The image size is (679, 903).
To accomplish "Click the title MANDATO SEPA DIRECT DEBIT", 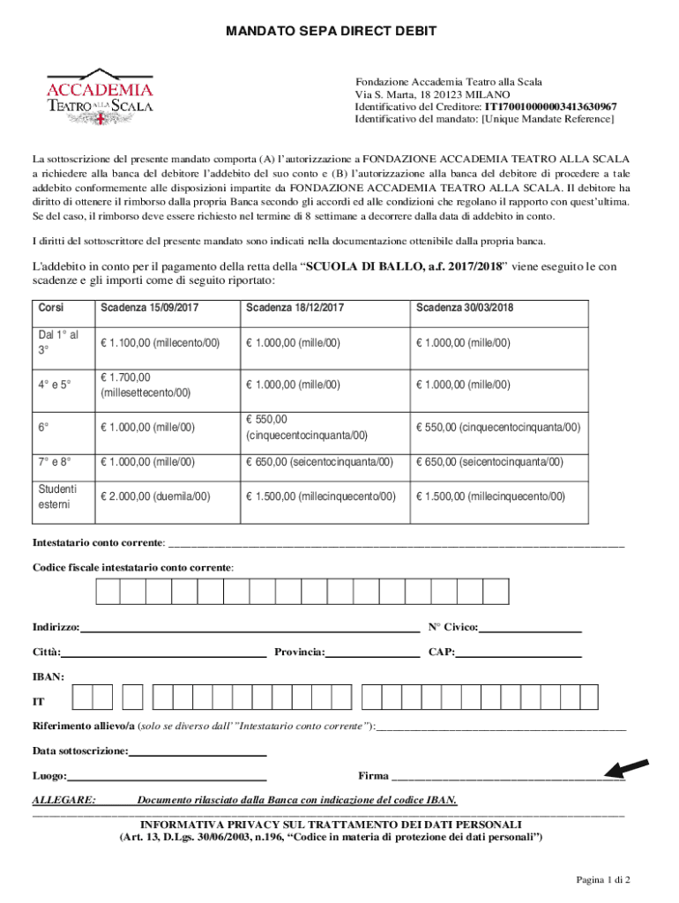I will pyautogui.click(x=331, y=33).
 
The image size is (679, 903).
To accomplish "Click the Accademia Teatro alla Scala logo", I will pyautogui.click(x=100, y=91).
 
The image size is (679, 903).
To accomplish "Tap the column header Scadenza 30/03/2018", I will pyautogui.click(x=465, y=308).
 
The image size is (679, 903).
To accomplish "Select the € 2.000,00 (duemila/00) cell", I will pyautogui.click(x=155, y=496).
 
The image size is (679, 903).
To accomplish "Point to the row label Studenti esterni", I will pyautogui.click(x=57, y=496).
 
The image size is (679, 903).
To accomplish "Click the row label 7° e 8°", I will pyautogui.click(x=54, y=461).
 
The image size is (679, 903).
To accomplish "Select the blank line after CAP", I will pyautogui.click(x=519, y=653).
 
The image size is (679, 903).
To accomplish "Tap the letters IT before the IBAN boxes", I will pyautogui.click(x=39, y=703).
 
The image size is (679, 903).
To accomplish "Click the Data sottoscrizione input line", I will pyautogui.click(x=198, y=752).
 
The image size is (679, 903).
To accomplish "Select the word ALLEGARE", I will pyautogui.click(x=64, y=800).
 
